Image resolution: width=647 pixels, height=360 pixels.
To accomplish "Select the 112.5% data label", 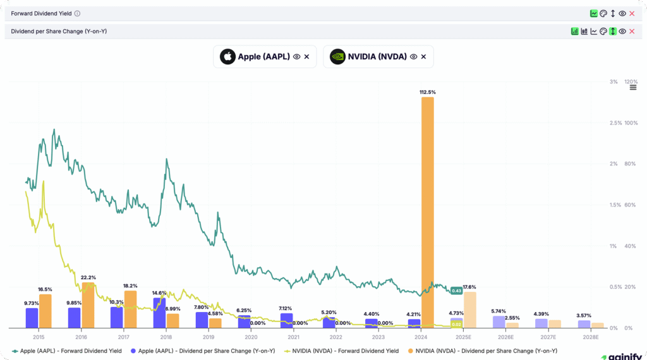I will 427,92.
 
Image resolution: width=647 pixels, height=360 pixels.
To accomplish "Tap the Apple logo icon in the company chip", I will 227,56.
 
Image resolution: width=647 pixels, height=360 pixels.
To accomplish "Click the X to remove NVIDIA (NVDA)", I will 423,56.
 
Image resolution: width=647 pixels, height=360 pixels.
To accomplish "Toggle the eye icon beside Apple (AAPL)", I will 296,56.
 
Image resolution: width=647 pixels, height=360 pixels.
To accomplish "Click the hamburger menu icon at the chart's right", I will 633,87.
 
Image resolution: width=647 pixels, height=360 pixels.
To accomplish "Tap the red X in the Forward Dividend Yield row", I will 632,13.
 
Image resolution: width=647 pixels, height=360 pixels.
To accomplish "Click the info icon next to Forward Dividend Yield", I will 77,13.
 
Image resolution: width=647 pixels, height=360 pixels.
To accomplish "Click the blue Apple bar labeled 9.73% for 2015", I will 32,318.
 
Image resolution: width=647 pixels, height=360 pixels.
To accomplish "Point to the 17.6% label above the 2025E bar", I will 469,287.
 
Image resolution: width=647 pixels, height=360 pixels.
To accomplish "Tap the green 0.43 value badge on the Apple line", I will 456,291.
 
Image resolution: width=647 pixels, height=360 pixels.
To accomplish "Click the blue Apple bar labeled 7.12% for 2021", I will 286,320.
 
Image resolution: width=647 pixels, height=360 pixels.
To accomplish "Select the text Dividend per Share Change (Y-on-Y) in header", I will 59,31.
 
